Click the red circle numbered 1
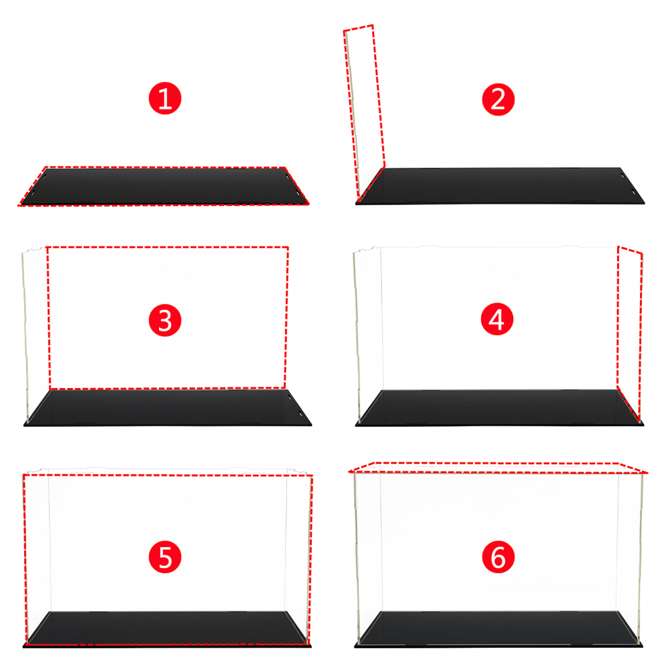(165, 98)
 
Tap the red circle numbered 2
(498, 100)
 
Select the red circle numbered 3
(165, 321)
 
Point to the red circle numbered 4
(497, 319)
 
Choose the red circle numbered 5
(165, 557)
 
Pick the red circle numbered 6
(498, 557)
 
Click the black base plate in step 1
(164, 186)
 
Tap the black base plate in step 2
(500, 186)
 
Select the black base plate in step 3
(168, 407)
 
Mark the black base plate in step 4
(500, 407)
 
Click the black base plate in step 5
(167, 630)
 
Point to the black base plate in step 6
(498, 630)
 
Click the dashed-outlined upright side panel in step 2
(364, 113)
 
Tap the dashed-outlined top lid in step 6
(498, 468)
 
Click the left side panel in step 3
(36, 335)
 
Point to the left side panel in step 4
(368, 335)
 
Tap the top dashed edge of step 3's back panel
(168, 246)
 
